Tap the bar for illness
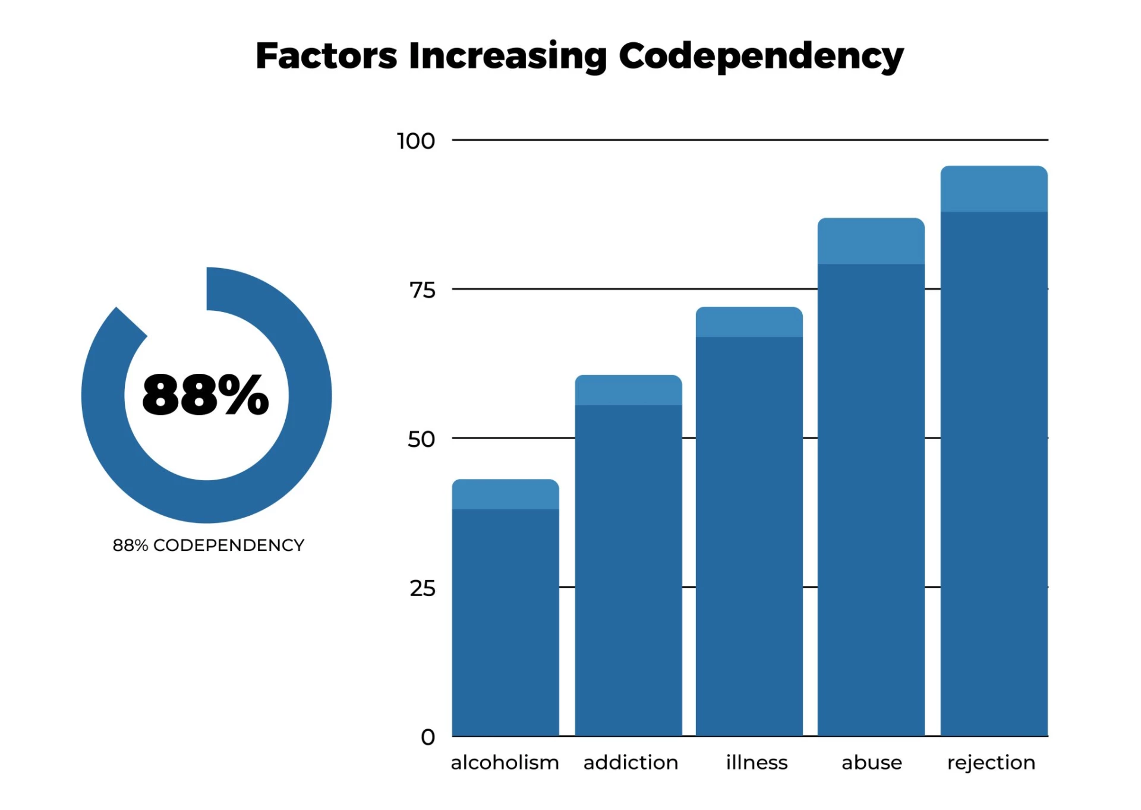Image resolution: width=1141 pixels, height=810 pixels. pyautogui.click(x=749, y=535)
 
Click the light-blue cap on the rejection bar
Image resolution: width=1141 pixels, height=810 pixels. pyautogui.click(x=994, y=189)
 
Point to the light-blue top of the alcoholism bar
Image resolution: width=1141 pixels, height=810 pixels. pyautogui.click(x=505, y=494)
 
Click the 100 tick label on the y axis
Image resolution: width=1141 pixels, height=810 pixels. pyautogui.click(x=416, y=141)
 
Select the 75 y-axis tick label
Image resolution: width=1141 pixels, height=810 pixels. pyautogui.click(x=422, y=291)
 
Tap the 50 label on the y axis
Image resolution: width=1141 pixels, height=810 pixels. pyautogui.click(x=421, y=440)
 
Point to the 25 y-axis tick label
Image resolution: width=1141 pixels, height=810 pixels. pyautogui.click(x=422, y=589)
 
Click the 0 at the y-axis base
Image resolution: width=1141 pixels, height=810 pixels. pyautogui.click(x=428, y=737)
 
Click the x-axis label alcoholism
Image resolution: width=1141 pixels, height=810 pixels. pyautogui.click(x=505, y=762)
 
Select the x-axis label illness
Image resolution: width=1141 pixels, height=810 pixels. pyautogui.click(x=757, y=762)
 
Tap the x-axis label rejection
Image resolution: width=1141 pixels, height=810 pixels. pyautogui.click(x=991, y=763)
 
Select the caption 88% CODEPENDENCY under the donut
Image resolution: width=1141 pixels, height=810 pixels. pyautogui.click(x=208, y=545)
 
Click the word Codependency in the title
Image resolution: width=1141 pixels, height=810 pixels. pyautogui.click(x=761, y=56)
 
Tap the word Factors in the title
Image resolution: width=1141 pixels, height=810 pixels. pyautogui.click(x=326, y=56)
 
